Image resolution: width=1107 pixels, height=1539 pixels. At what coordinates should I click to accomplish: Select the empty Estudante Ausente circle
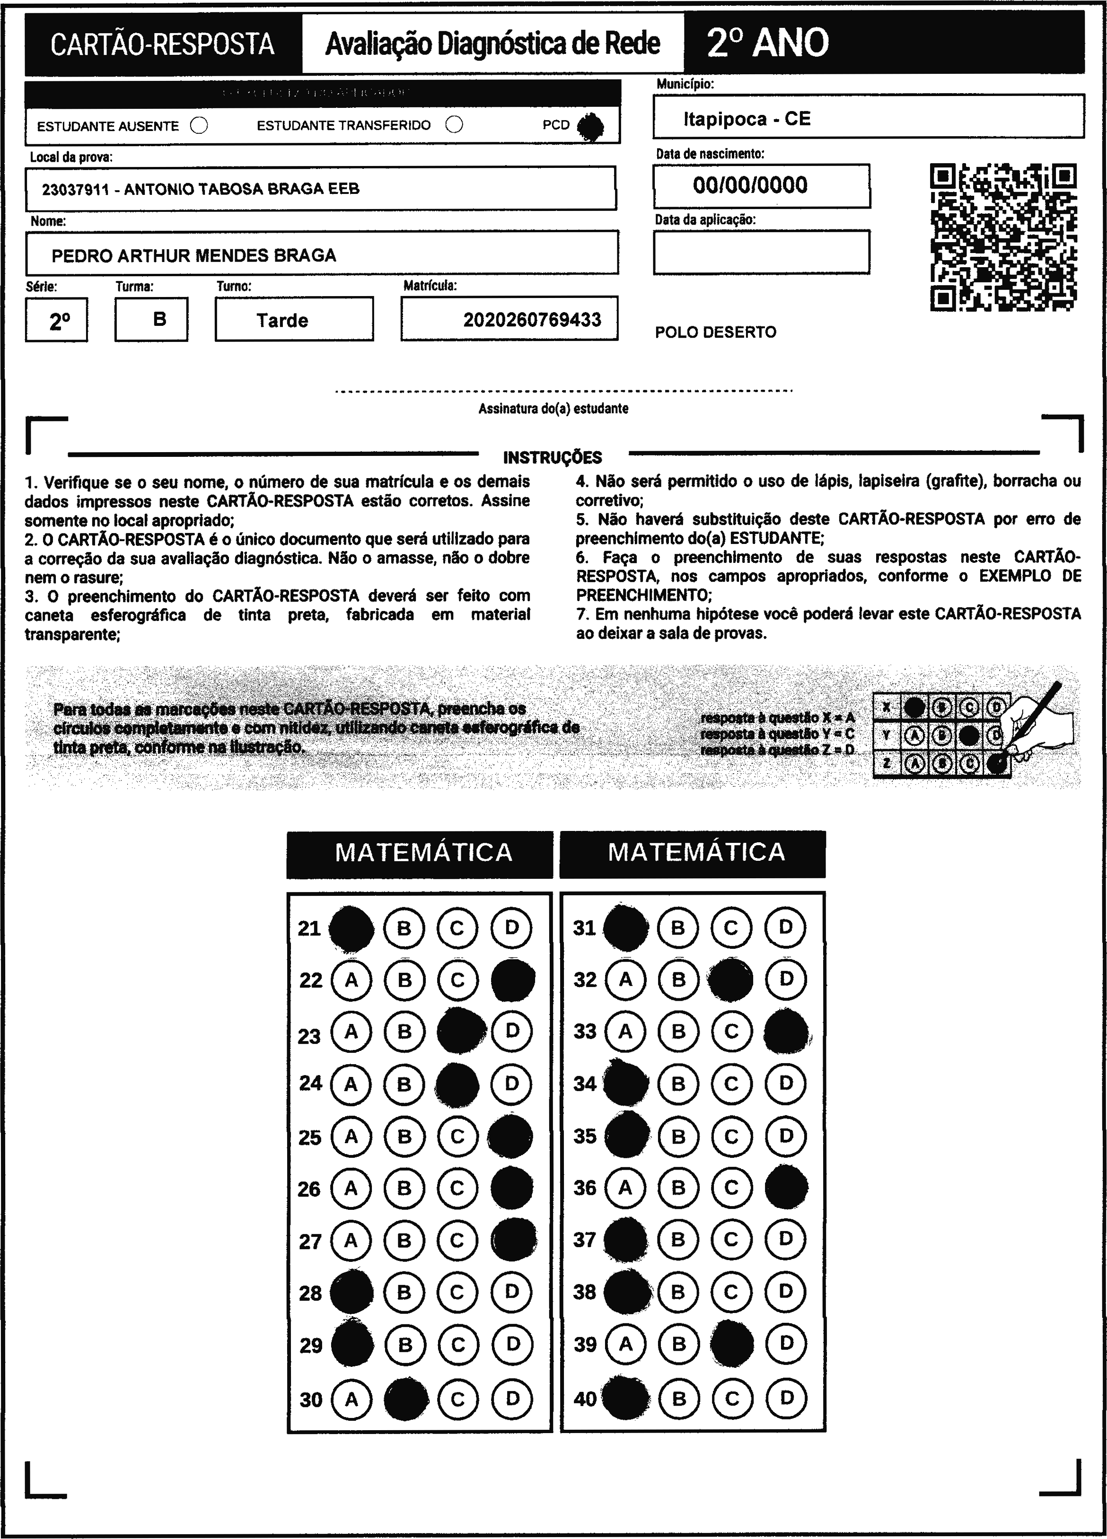(x=199, y=125)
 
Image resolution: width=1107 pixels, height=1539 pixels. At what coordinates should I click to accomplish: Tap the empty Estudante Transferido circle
(x=454, y=125)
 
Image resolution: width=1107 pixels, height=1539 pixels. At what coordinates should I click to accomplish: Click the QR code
(x=1002, y=237)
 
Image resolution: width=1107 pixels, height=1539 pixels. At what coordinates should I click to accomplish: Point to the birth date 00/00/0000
(x=750, y=185)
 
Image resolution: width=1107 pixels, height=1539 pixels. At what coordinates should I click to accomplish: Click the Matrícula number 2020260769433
(x=532, y=320)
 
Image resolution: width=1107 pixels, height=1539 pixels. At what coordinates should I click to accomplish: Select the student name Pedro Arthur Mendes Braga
(x=194, y=255)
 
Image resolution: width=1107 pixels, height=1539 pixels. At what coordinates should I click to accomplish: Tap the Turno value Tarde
(x=282, y=320)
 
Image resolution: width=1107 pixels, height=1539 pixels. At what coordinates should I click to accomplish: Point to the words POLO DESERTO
(x=715, y=332)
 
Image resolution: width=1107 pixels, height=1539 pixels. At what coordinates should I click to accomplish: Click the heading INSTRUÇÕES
(x=553, y=457)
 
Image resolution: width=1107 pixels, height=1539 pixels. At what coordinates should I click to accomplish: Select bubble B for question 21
(x=404, y=927)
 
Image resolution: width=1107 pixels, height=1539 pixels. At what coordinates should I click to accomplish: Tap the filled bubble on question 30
(x=406, y=1399)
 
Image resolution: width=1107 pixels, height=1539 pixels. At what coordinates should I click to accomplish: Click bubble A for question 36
(x=625, y=1188)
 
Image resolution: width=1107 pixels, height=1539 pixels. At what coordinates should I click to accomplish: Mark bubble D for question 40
(x=786, y=1398)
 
